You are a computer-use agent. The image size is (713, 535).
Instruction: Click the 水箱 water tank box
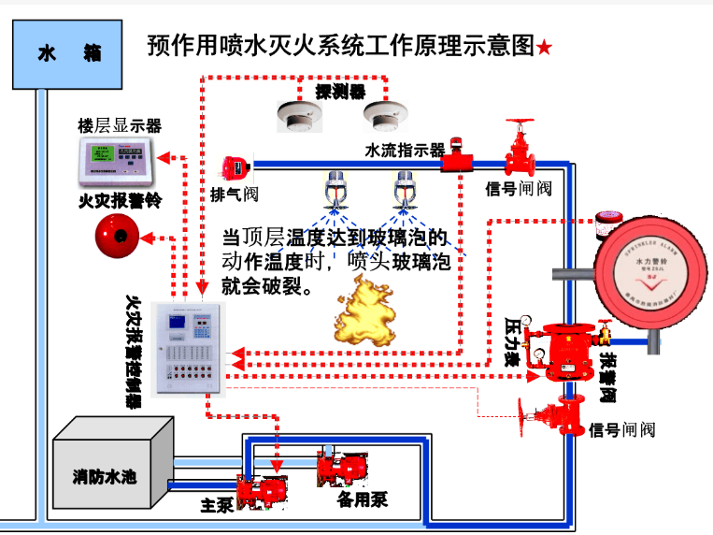click(x=68, y=53)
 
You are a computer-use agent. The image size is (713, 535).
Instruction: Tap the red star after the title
click(x=546, y=48)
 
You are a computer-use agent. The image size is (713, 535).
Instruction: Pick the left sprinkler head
click(x=335, y=191)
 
